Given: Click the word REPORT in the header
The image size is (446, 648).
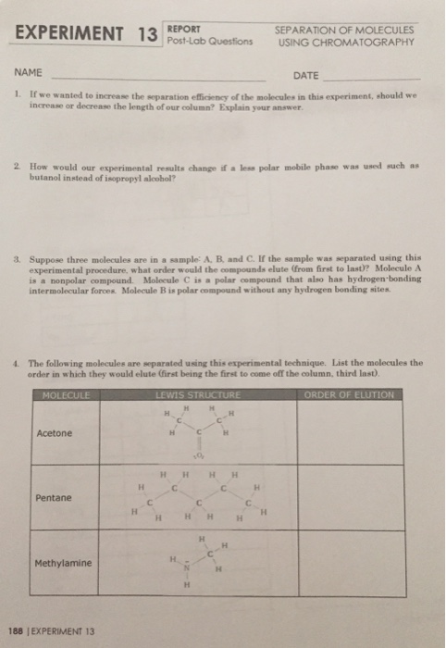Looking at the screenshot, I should (182, 28).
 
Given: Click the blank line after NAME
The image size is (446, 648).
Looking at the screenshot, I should (157, 79).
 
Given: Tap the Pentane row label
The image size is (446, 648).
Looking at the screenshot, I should (53, 498).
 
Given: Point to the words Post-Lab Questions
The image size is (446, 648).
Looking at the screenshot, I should (204, 41).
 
